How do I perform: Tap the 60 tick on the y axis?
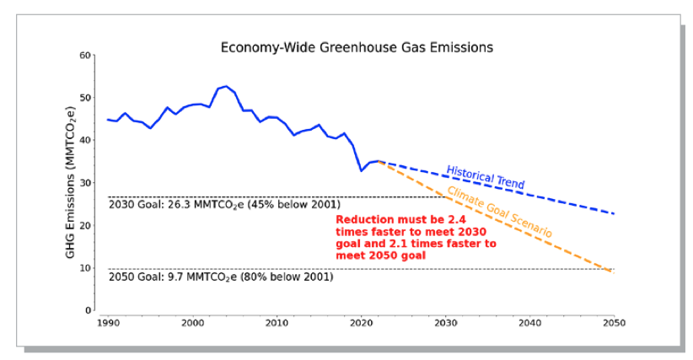point(85,56)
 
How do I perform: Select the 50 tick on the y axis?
point(85,98)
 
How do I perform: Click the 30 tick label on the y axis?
point(85,183)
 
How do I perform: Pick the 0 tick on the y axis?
point(88,310)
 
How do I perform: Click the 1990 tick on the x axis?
point(108,323)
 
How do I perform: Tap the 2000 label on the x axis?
point(192,323)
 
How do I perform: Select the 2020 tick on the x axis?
point(361,323)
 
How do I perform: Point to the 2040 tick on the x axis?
point(529,323)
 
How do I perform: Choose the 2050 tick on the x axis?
point(613,323)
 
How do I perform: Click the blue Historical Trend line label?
point(485,177)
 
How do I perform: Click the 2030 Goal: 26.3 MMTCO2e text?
point(224,205)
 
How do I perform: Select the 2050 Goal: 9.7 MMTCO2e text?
point(221,277)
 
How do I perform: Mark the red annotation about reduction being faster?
point(416,236)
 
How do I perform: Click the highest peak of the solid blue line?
point(226,86)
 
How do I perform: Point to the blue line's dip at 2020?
point(361,171)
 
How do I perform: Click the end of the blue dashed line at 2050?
point(613,213)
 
